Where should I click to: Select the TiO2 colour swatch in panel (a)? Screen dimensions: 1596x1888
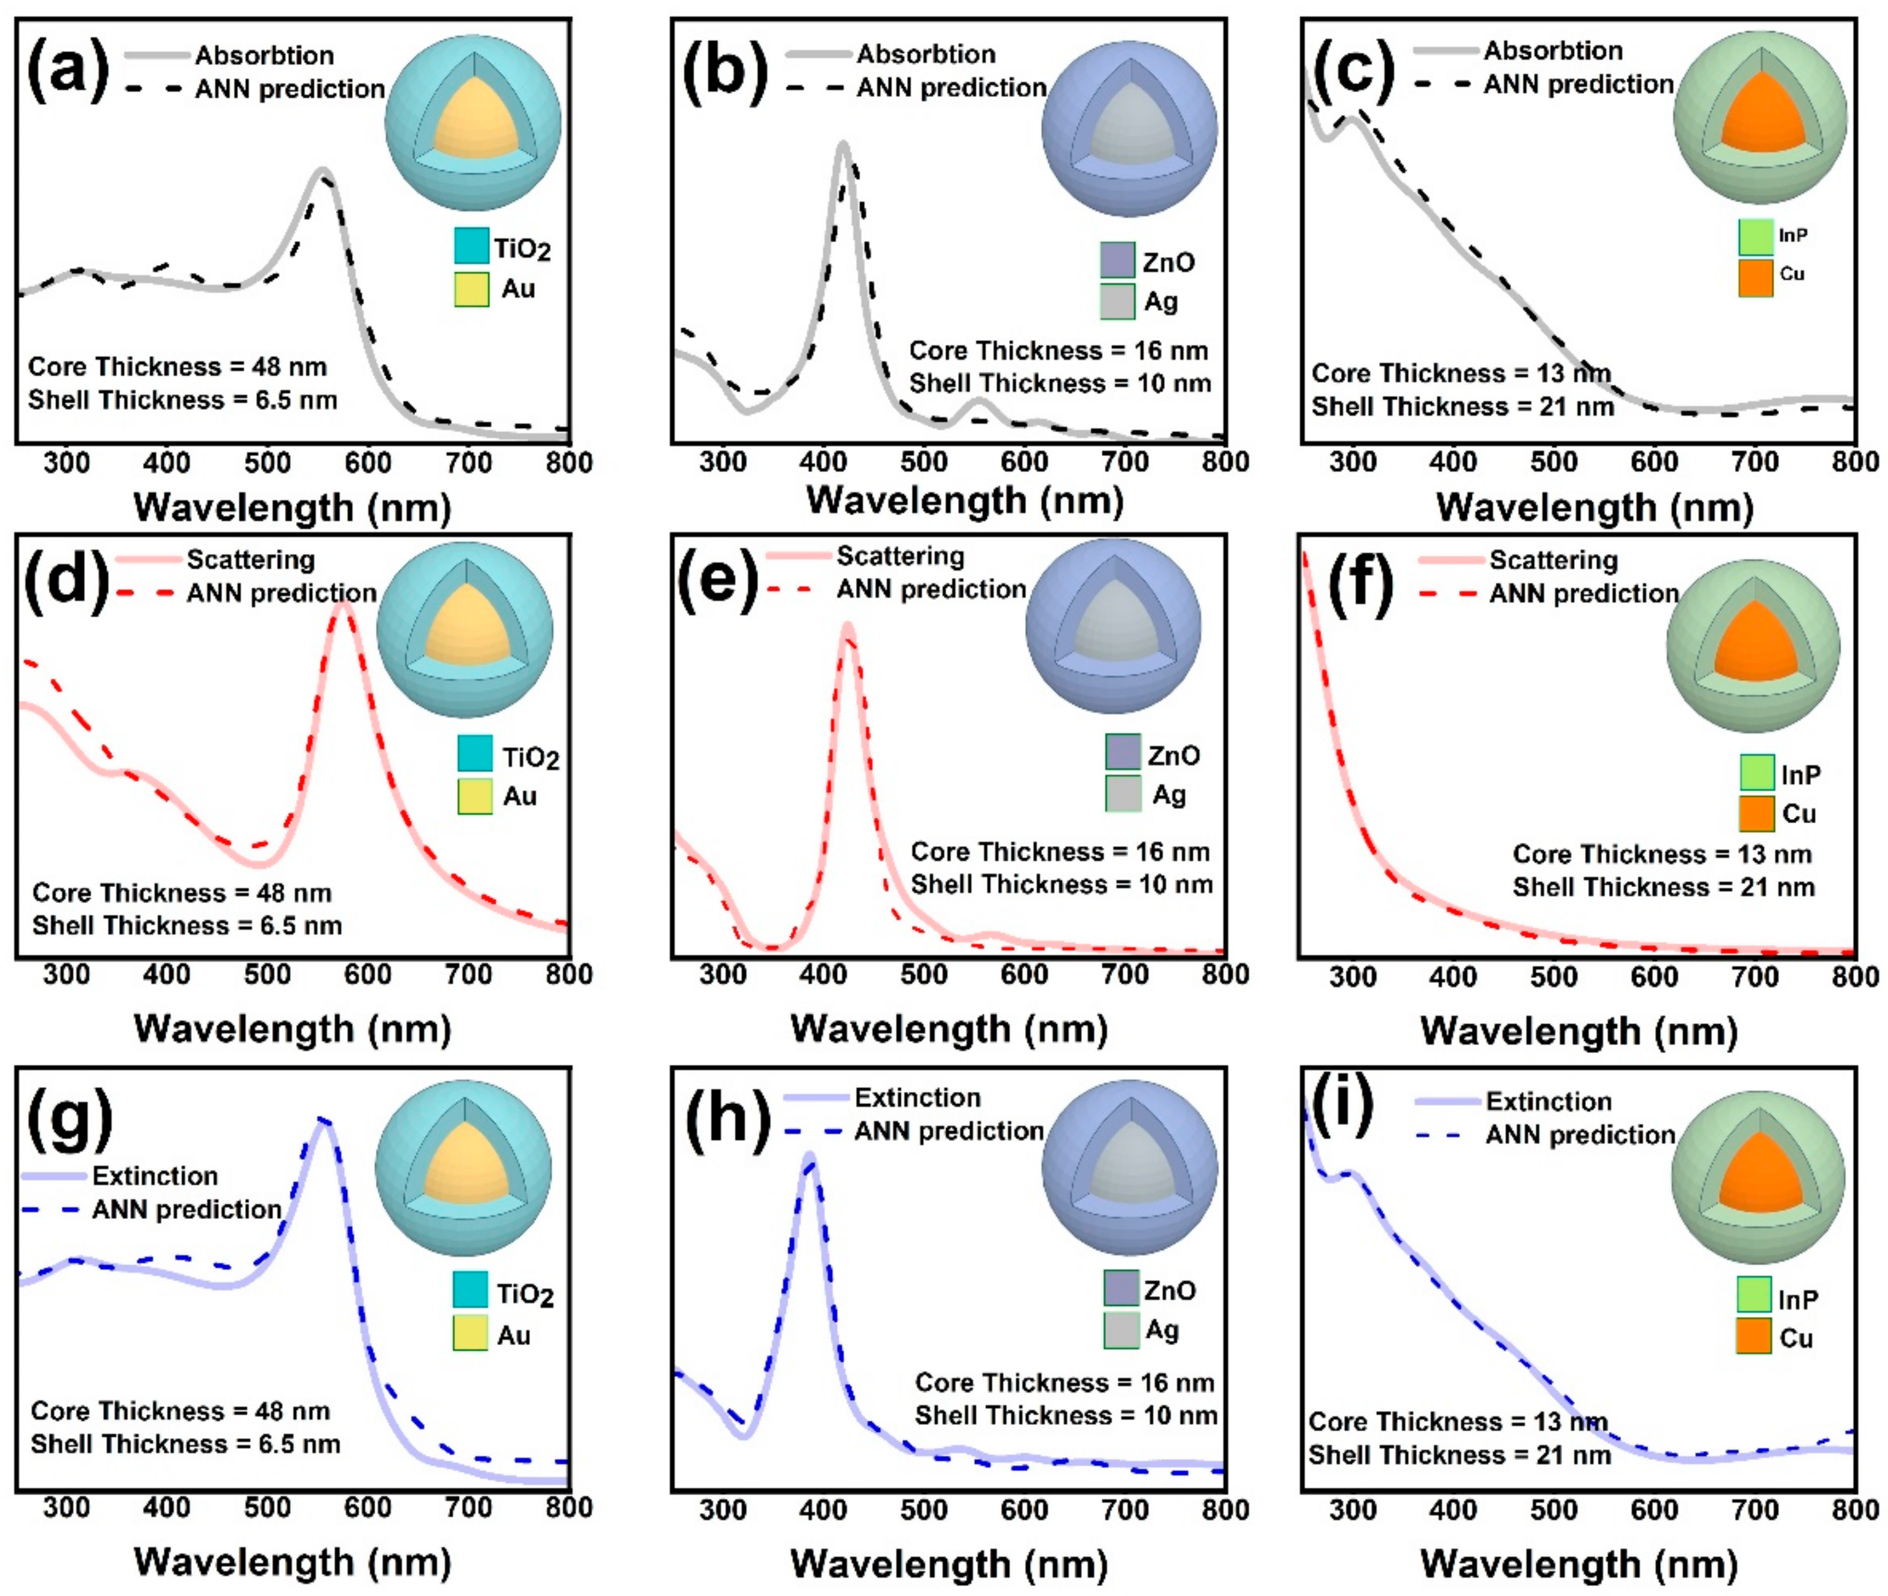[x=471, y=246]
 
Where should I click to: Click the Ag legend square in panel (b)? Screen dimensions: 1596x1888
[x=1117, y=301]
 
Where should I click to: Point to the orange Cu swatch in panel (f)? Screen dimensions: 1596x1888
[x=1756, y=813]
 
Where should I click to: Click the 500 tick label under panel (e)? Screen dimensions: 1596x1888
[x=923, y=974]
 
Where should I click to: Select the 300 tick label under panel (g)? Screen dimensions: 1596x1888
[x=66, y=1507]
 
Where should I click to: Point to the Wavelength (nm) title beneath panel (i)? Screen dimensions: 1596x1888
[x=1578, y=1563]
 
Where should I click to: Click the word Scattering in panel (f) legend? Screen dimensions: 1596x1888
[x=1553, y=560]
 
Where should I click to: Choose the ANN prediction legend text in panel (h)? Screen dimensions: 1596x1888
[x=948, y=1131]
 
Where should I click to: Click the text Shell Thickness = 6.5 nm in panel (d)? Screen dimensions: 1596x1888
[x=187, y=926]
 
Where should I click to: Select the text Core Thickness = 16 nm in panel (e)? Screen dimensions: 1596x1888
[x=1060, y=851]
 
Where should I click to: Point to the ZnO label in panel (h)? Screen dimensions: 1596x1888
[x=1169, y=1290]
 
